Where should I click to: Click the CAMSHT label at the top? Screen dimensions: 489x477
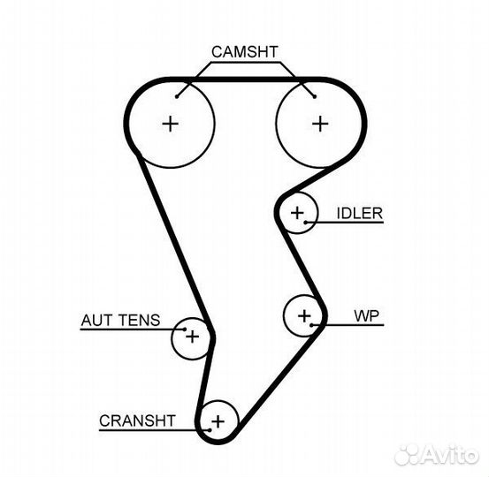[244, 52]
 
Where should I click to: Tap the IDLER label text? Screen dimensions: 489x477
[360, 214]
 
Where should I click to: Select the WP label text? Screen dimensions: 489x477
[367, 316]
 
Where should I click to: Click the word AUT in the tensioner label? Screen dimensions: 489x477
[96, 321]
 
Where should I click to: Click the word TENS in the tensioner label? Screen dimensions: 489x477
[140, 321]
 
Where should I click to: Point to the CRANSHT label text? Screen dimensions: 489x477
[137, 420]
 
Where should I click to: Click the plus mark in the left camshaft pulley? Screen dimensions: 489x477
[171, 124]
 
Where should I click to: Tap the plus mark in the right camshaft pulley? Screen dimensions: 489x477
[320, 124]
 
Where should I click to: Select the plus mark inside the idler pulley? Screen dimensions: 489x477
[297, 213]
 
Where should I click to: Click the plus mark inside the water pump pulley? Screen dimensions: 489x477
[304, 316]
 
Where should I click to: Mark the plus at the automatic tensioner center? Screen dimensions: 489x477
[193, 337]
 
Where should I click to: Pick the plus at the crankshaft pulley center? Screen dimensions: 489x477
[218, 422]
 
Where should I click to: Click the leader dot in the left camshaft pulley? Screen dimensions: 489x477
[177, 97]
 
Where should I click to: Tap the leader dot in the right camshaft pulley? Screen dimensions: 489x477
[315, 97]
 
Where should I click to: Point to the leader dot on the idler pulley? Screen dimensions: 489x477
[306, 222]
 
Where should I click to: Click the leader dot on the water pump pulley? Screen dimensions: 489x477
[311, 325]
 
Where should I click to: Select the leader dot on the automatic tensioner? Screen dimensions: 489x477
[185, 329]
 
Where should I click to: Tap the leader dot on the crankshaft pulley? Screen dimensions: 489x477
[210, 430]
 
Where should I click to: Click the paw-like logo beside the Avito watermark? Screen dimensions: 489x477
[408, 456]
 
